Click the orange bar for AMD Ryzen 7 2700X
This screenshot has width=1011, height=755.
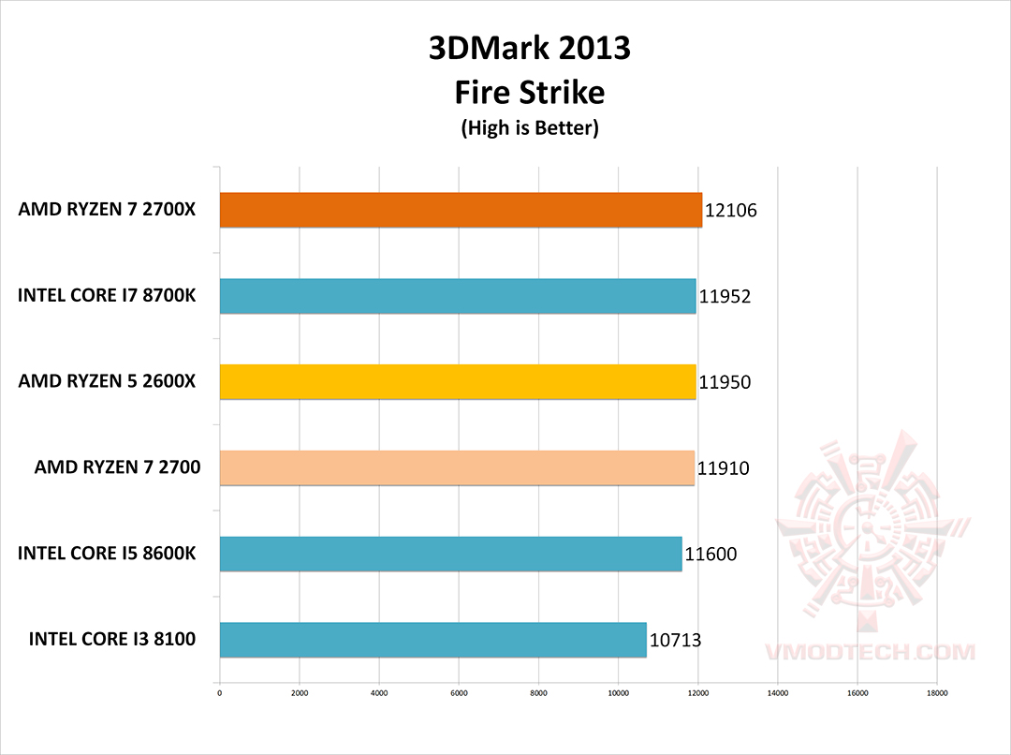(461, 210)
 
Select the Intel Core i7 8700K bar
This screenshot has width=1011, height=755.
(458, 296)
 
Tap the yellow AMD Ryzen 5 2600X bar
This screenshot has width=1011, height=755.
(458, 382)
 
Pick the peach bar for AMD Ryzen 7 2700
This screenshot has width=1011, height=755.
(457, 467)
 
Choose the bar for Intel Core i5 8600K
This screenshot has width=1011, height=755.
(450, 554)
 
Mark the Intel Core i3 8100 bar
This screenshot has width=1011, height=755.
(432, 640)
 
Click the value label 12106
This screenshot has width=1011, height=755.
(731, 211)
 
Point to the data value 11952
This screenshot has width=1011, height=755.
(725, 297)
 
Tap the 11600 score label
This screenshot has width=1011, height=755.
(711, 555)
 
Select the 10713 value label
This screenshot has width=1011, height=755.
(675, 641)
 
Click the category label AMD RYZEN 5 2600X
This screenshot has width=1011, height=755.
(107, 381)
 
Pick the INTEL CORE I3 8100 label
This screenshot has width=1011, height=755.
(112, 640)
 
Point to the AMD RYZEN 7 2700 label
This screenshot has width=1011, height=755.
(117, 466)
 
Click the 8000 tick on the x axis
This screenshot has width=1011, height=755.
(538, 694)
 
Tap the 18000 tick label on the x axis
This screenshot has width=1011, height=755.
(937, 694)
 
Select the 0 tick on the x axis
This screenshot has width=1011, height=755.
(219, 694)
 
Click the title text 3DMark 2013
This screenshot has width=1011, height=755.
(530, 49)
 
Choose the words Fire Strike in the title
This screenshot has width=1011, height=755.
(530, 92)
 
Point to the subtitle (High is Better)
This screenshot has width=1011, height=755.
(530, 128)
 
